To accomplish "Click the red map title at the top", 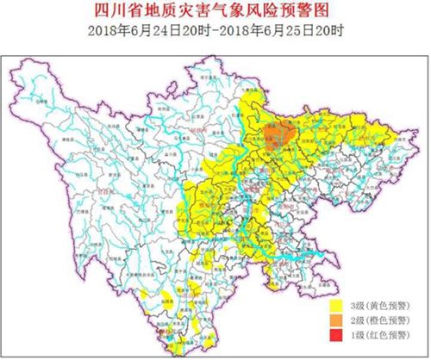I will pyautogui.click(x=215, y=12).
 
